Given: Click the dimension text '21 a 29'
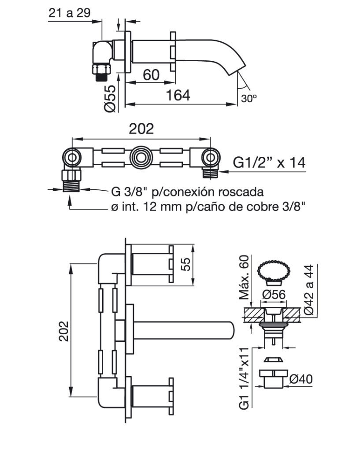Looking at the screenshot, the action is coord(69,13).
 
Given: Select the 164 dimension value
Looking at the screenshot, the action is coord(178,95).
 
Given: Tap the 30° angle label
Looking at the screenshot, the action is coord(249,98).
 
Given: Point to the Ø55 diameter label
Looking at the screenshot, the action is coord(110,99).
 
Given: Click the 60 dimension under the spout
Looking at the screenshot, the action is coord(151,75).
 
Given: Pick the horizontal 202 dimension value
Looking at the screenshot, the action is coord(141,129).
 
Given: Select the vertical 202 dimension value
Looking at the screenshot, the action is coord(63,331).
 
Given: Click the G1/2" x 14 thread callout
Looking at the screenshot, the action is coord(269,163).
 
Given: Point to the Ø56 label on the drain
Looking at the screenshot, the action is coord(274,295).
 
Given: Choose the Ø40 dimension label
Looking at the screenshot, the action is coord(301,379).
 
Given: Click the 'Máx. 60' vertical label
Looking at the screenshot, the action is coord(244,277).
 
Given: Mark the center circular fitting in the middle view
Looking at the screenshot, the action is coord(141,158).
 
